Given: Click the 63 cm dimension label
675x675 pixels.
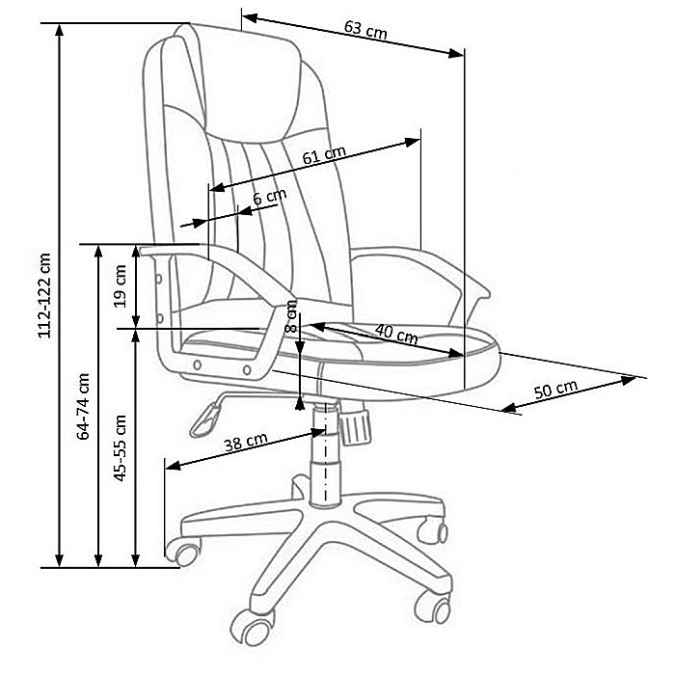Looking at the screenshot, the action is tap(365, 30).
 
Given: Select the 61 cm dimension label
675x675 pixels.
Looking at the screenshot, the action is tap(324, 155).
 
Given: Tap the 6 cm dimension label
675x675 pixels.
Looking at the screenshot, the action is tap(269, 197).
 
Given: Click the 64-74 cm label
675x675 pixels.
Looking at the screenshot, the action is tap(83, 406).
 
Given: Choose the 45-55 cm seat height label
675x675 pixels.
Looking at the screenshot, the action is tap(120, 447).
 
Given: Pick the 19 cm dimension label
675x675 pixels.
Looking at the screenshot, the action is tap(120, 285).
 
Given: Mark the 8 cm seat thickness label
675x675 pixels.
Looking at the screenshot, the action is tap(291, 316).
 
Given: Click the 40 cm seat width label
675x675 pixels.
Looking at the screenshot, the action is tap(396, 334).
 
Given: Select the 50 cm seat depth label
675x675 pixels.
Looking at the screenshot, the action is tap(555, 390).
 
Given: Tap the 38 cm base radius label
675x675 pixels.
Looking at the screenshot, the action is tap(246, 442).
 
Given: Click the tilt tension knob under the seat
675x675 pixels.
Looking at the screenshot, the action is tap(355, 426).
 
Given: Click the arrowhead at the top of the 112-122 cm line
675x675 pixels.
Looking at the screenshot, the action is tap(60, 30).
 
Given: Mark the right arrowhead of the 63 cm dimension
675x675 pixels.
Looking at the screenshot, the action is tap(455, 53).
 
